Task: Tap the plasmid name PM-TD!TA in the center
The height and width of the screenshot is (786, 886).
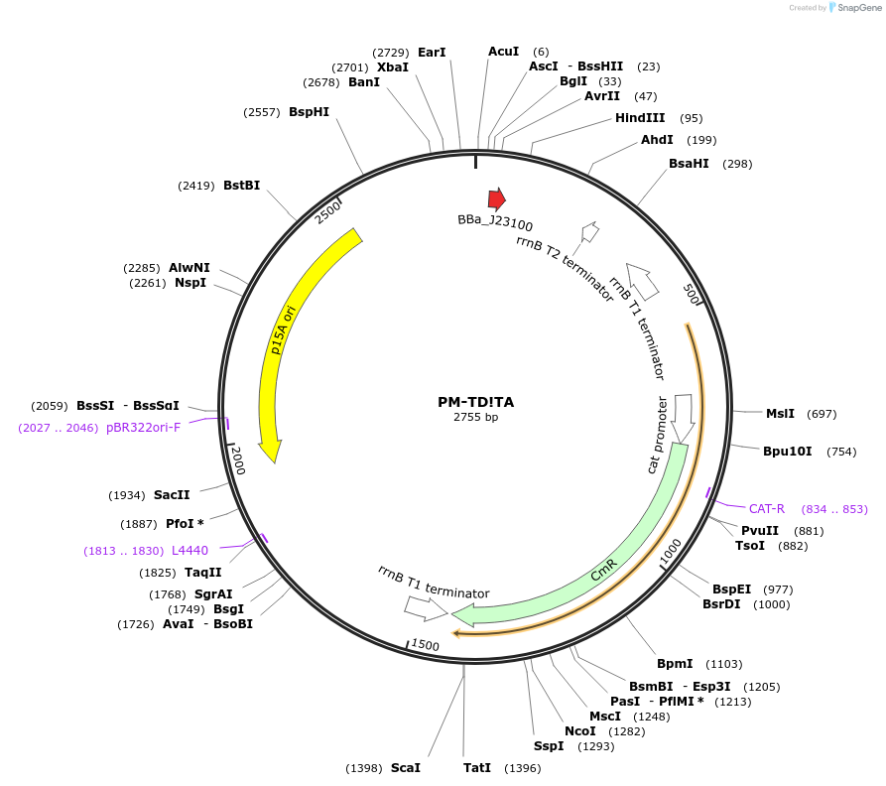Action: click(476, 402)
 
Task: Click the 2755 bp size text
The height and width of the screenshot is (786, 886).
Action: click(476, 418)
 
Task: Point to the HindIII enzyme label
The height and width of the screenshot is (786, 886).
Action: click(640, 118)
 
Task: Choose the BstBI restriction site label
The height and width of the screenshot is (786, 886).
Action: click(241, 185)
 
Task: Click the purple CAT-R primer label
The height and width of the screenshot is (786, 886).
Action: click(767, 509)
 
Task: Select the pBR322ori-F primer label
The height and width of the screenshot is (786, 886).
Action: click(144, 428)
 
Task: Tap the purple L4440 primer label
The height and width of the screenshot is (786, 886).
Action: click(190, 550)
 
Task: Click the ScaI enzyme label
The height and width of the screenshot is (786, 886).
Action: click(406, 768)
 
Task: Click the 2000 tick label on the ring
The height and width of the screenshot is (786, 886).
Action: click(237, 460)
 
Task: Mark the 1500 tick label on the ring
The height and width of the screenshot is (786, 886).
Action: click(425, 645)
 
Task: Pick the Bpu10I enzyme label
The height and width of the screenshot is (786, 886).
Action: click(787, 452)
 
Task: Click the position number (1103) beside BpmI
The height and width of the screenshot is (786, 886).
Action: click(723, 664)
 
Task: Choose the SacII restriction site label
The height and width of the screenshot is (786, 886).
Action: click(172, 495)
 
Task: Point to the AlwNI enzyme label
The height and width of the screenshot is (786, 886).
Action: click(189, 268)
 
